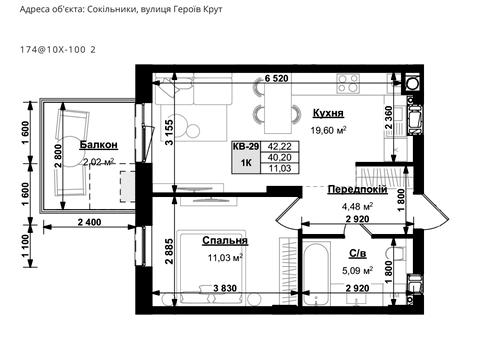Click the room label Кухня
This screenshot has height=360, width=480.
pyautogui.click(x=328, y=113)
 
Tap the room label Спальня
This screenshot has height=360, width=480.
pyautogui.click(x=225, y=241)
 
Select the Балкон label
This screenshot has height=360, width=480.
pyautogui.click(x=99, y=145)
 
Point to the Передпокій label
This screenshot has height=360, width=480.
pyautogui.click(x=357, y=190)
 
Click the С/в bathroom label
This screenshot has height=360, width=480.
pyautogui.click(x=358, y=254)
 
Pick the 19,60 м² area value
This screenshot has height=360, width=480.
pyautogui.click(x=328, y=130)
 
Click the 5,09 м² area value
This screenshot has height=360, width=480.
pyautogui.click(x=357, y=270)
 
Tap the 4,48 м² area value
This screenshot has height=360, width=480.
pyautogui.click(x=357, y=206)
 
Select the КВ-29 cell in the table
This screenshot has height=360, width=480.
pyautogui.click(x=246, y=146)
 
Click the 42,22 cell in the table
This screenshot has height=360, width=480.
pyautogui.click(x=280, y=146)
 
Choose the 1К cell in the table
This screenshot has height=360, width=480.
pyautogui.click(x=246, y=163)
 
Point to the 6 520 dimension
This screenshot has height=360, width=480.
pyautogui.click(x=276, y=79)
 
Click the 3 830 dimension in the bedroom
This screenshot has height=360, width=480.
pyautogui.click(x=225, y=288)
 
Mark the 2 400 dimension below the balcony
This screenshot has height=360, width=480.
pyautogui.click(x=89, y=222)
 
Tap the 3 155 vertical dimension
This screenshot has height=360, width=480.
pyautogui.click(x=170, y=132)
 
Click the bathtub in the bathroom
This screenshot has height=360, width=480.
pyautogui.click(x=317, y=273)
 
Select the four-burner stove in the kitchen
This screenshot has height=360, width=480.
pyautogui.click(x=348, y=83)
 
